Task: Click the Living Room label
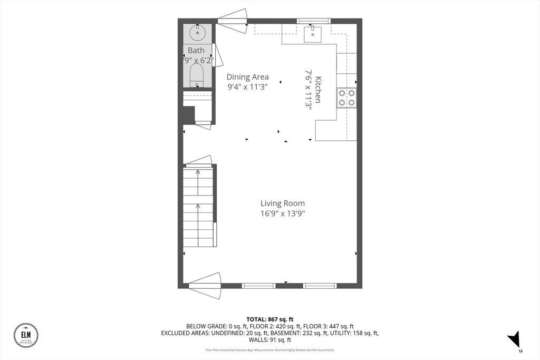282,203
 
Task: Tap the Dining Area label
247,77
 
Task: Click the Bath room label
196,51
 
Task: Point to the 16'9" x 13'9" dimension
282,213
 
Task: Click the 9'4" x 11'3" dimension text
247,87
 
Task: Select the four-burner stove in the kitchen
346,98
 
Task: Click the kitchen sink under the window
313,34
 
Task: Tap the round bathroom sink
198,33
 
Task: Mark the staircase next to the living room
198,207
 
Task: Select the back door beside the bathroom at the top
232,21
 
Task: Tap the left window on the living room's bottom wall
258,286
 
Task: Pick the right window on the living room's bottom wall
320,286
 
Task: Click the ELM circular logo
26,335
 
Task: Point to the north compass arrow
514,339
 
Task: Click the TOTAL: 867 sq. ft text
270,319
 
